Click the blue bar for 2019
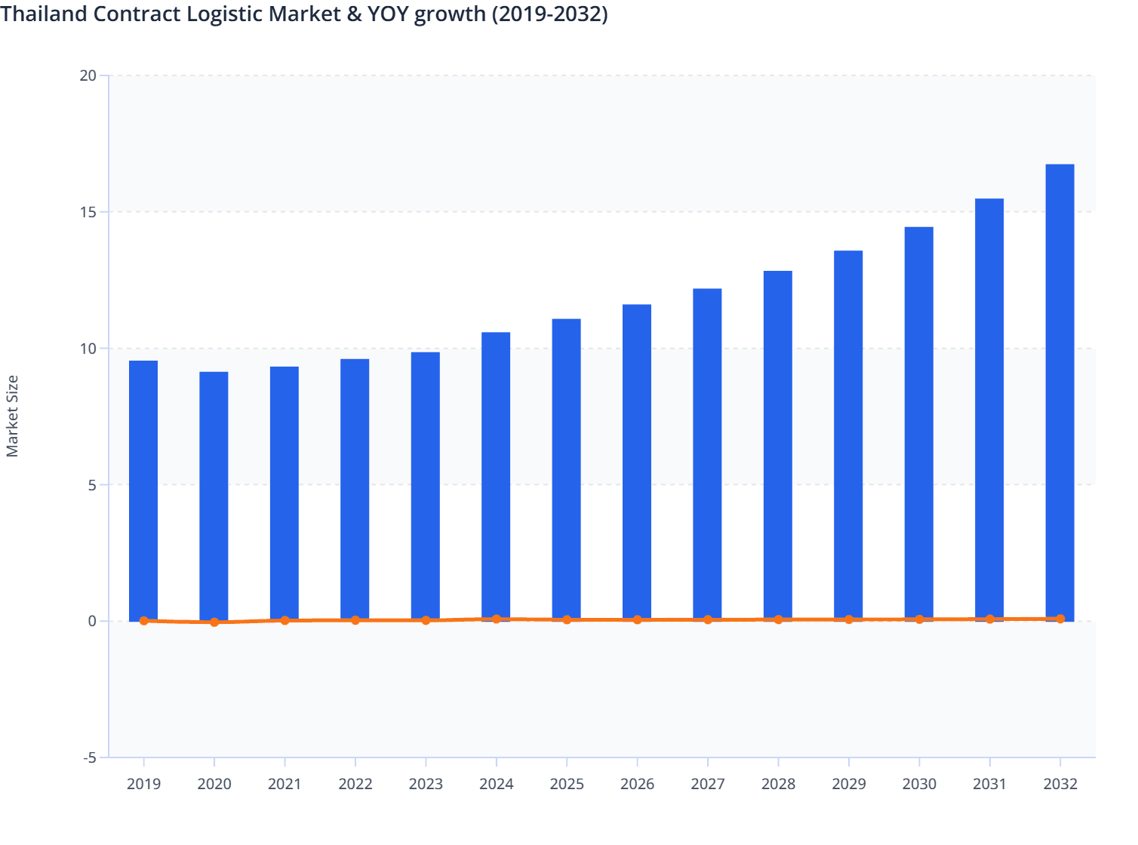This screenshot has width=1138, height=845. pyautogui.click(x=143, y=490)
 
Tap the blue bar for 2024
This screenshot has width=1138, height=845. pyautogui.click(x=496, y=476)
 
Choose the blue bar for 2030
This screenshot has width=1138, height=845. pyautogui.click(x=918, y=423)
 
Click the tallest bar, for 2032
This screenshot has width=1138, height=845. pyautogui.click(x=1060, y=392)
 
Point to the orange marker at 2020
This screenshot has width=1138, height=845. pyautogui.click(x=214, y=622)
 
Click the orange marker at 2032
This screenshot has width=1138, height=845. pyautogui.click(x=1060, y=619)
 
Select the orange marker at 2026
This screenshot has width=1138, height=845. pyautogui.click(x=638, y=619)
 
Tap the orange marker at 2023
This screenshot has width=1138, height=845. pyautogui.click(x=426, y=620)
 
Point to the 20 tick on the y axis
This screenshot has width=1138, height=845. pyautogui.click(x=88, y=75)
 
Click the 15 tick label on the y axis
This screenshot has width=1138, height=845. pyautogui.click(x=88, y=212)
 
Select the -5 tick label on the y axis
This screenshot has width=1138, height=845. pyautogui.click(x=89, y=757)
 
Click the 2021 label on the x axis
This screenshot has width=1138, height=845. pyautogui.click(x=284, y=784)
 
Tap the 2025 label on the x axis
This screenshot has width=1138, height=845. pyautogui.click(x=567, y=784)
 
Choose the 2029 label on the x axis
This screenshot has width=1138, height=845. pyautogui.click(x=849, y=784)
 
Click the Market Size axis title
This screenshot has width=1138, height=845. pyautogui.click(x=12, y=416)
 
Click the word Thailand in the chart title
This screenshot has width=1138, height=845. pyautogui.click(x=44, y=14)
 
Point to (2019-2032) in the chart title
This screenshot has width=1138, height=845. pyautogui.click(x=549, y=14)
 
